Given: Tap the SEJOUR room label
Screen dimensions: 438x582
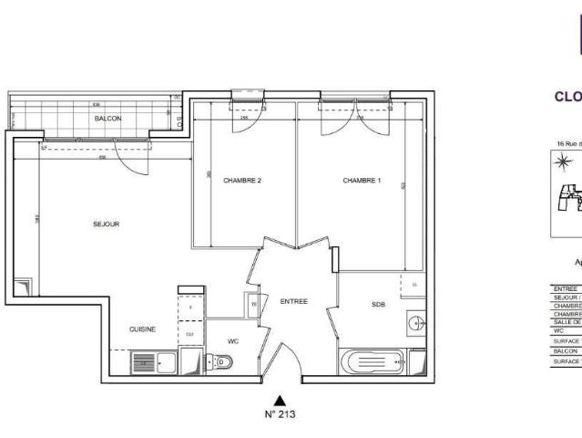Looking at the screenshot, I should pyautogui.click(x=107, y=224).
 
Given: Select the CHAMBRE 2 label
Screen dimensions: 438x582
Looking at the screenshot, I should pyautogui.click(x=242, y=181).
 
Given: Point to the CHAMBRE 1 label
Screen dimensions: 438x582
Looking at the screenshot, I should pyautogui.click(x=362, y=181).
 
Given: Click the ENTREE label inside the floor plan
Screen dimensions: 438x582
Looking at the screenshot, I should pyautogui.click(x=293, y=301).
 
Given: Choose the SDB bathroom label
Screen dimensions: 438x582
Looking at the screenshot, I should pyautogui.click(x=378, y=305).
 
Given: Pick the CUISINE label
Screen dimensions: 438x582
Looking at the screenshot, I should pyautogui.click(x=142, y=329).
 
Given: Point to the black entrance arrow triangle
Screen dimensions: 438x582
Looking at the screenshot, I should pyautogui.click(x=281, y=399).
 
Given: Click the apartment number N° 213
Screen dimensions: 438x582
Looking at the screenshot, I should pyautogui.click(x=281, y=413).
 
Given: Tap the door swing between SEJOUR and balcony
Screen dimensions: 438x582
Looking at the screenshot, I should pyautogui.click(x=133, y=158).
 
